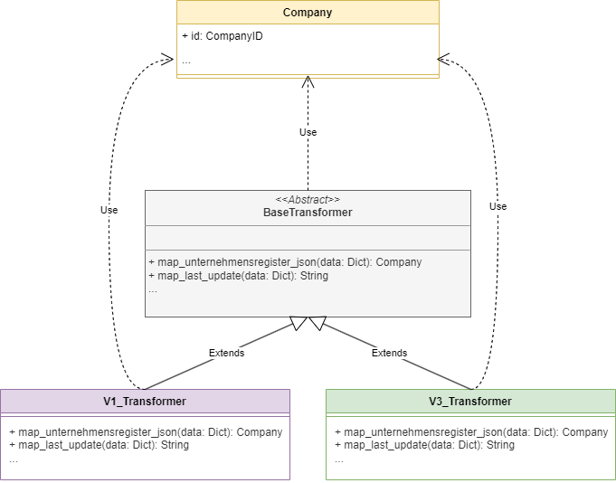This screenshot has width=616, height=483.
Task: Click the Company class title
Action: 308,12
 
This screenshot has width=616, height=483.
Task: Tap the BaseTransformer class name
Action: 308,213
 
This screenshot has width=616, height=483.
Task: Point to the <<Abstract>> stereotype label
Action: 308,200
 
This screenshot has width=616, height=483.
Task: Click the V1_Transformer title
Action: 145,402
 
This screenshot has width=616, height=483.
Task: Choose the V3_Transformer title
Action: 470,402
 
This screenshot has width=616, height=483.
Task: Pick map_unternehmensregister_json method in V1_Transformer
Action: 146,432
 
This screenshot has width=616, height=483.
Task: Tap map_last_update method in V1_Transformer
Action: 99,445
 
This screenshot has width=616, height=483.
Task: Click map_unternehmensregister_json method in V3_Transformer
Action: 471,432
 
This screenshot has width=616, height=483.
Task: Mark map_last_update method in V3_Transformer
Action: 424,445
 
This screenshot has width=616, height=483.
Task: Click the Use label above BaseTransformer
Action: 308,132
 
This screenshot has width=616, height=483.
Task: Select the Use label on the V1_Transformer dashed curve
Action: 109,210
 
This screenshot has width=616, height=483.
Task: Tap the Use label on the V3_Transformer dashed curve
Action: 498,206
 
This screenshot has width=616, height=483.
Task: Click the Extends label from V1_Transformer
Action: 226,353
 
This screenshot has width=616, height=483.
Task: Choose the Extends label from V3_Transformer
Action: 389,353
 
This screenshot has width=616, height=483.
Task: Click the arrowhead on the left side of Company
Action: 167,60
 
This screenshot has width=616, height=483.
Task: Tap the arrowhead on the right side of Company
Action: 443,60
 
